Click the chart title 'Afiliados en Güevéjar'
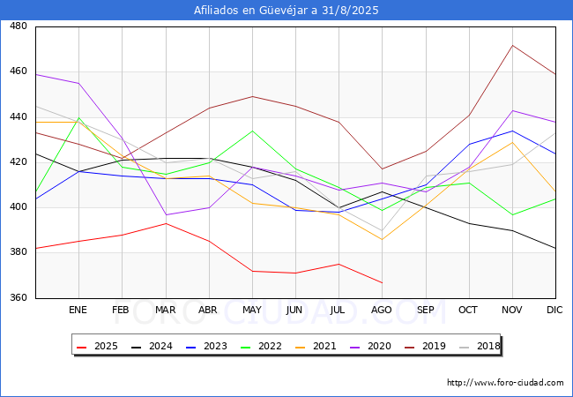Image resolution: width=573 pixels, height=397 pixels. [286, 10]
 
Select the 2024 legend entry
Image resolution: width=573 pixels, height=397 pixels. [153, 347]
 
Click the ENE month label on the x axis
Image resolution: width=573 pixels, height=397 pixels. [78, 311]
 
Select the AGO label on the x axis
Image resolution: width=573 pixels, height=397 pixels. [382, 311]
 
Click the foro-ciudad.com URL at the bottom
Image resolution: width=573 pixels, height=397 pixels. [505, 383]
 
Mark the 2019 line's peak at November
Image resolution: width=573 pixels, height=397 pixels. [512, 45]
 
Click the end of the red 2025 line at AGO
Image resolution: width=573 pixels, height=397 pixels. [382, 282]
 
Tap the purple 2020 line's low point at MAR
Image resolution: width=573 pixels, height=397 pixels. [166, 214]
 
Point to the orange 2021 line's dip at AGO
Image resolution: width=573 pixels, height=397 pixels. [382, 239]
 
